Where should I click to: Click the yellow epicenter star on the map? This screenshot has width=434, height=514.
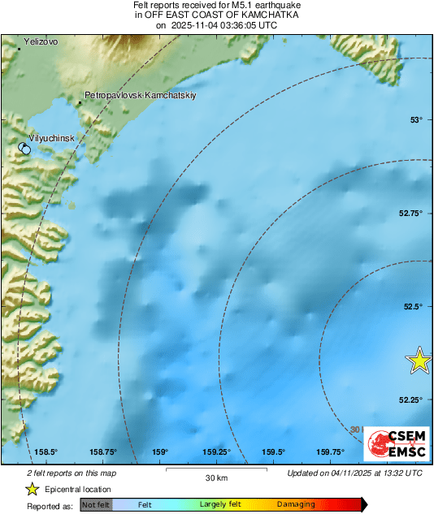(x=419, y=360)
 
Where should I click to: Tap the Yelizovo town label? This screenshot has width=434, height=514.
(x=41, y=41)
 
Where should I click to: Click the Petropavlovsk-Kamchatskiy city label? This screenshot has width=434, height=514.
(x=140, y=95)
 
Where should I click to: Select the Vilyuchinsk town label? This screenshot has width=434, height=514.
(x=51, y=139)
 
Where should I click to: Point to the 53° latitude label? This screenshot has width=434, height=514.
(x=417, y=120)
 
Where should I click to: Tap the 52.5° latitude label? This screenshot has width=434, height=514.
(x=414, y=306)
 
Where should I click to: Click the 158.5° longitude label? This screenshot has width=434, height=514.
(x=46, y=452)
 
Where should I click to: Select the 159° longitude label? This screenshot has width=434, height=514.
(x=159, y=452)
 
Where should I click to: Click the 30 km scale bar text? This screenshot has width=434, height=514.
(x=216, y=477)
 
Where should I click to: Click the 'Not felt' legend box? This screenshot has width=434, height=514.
(x=97, y=505)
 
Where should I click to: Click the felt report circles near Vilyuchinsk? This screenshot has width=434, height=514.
(x=24, y=149)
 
